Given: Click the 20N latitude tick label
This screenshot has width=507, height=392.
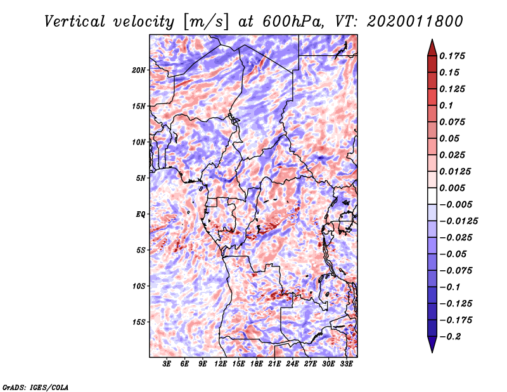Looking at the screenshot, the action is pos(139,70).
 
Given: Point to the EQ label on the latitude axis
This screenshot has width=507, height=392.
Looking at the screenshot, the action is pos(141,214).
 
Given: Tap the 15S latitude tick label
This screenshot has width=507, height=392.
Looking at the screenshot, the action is pos(139,322).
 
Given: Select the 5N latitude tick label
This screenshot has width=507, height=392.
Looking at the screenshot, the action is pos(141,178).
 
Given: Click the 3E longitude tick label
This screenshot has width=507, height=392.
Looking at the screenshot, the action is pos(167,363).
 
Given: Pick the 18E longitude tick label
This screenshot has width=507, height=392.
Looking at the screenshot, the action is pos(257,363).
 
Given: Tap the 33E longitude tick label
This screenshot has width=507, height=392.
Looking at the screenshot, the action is pos(346,363).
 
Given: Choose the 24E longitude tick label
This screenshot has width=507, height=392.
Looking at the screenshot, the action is pos(292,363).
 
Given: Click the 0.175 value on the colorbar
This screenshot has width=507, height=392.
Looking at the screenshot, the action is pos(452,56).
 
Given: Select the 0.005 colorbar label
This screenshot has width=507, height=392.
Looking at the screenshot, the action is pos(452,188).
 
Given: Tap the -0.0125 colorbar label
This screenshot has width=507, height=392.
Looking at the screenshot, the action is pos(458,221).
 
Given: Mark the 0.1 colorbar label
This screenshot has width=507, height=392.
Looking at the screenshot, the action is pos(446,105).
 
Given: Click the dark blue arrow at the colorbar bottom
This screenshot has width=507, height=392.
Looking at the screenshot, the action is pos(432,344).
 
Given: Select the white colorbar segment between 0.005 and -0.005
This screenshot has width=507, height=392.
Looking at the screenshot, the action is pos(432,196).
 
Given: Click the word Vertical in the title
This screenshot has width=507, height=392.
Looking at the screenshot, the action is pos(74,22).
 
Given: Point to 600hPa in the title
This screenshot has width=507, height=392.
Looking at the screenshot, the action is pos(293,22).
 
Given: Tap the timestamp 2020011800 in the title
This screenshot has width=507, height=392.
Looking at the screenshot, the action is pos(415,22).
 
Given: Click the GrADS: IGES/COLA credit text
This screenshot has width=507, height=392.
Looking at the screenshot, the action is pos(35,387).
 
